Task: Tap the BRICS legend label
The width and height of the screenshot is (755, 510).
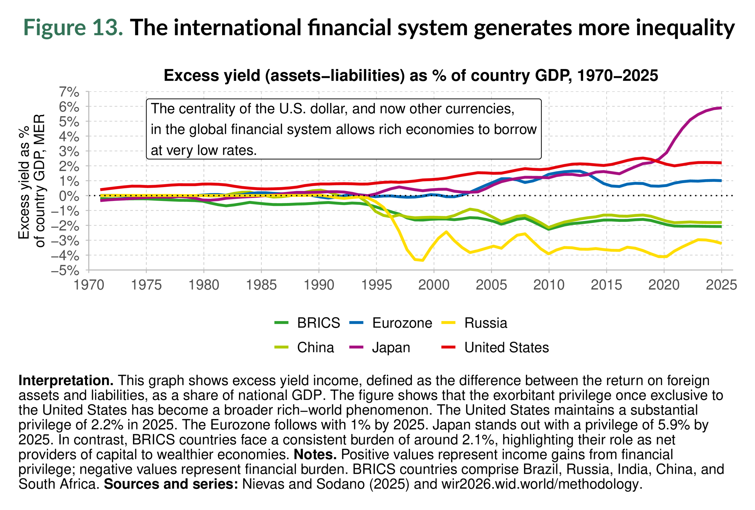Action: (319, 323)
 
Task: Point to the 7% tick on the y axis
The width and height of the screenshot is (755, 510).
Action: (69, 92)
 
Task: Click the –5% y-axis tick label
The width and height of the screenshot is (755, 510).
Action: (65, 270)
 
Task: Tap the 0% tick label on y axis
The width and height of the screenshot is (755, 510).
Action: (69, 196)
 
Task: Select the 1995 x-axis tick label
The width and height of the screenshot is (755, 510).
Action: (377, 285)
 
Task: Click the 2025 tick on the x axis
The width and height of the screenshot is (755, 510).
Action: (722, 285)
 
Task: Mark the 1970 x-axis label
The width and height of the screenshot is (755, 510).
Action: (89, 285)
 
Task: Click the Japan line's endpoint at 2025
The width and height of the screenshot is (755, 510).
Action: (721, 108)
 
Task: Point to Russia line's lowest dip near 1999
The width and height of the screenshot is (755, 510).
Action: (422, 260)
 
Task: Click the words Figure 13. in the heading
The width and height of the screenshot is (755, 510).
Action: (73, 27)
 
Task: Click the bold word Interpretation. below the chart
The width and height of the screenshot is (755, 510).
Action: (66, 380)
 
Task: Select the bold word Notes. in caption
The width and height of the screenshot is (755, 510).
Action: (315, 455)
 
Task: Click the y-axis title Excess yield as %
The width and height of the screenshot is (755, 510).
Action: (24, 182)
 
